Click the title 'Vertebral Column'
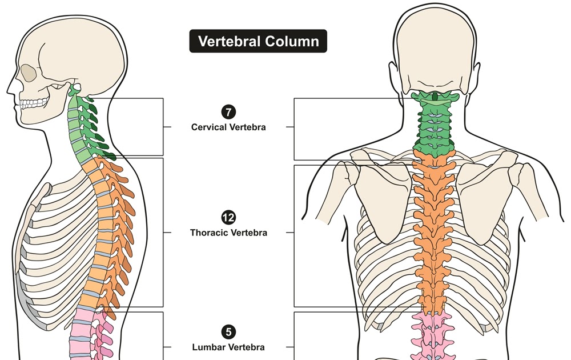pyautogui.click(x=258, y=41)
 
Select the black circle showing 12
pyautogui.click(x=228, y=217)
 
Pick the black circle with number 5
pyautogui.click(x=228, y=331)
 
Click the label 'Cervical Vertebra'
pyautogui.click(x=228, y=127)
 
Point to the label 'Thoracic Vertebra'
pyautogui.click(x=228, y=233)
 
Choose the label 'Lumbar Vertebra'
pyautogui.click(x=228, y=346)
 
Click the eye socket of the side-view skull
pyautogui.click(x=28, y=74)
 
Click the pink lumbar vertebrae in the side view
pyautogui.click(x=86, y=337)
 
